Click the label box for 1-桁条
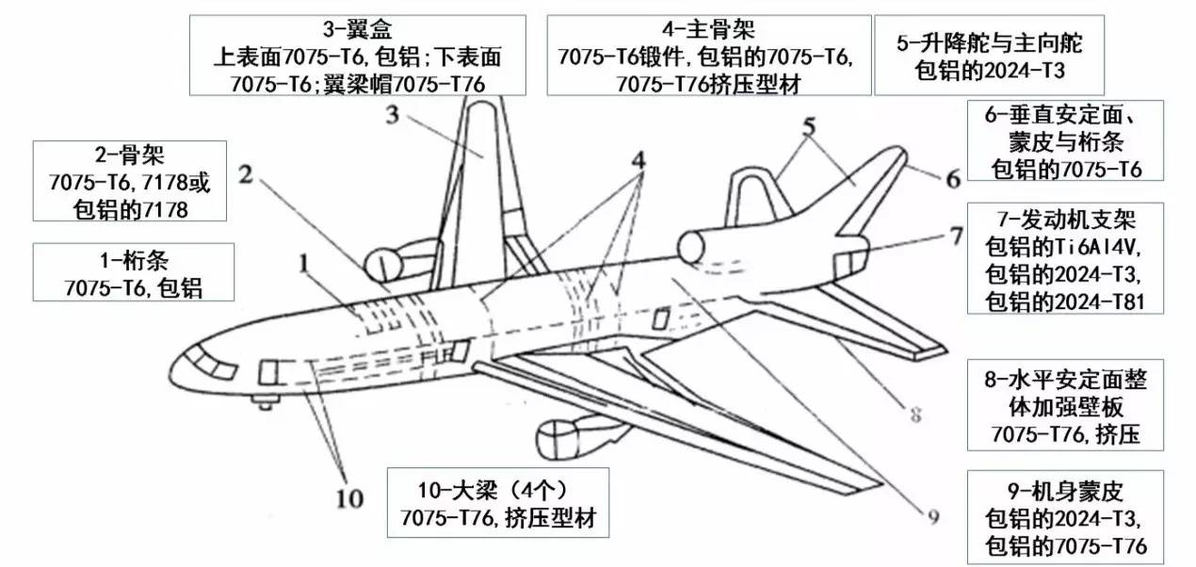(x=132, y=272)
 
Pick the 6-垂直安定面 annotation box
(x=1065, y=140)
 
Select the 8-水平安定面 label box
(x=1064, y=404)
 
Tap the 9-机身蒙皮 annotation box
(x=1065, y=518)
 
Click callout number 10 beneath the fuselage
(x=348, y=498)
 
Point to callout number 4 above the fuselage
(x=639, y=160)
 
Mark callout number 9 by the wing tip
(x=932, y=515)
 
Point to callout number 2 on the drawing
(x=247, y=174)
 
